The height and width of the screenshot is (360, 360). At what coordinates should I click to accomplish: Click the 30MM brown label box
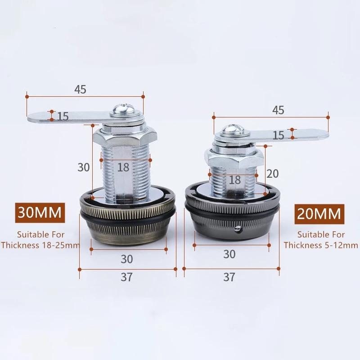click(x=40, y=212)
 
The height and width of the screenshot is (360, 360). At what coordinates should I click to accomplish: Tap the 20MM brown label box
click(x=319, y=214)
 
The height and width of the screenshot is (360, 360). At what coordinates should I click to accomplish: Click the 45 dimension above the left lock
click(x=80, y=89)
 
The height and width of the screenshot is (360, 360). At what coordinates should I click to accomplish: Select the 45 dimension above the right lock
click(x=278, y=110)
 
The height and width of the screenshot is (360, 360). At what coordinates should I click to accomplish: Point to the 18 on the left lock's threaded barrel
click(x=123, y=167)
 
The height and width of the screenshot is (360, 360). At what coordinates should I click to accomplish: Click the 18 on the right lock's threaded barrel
click(x=234, y=180)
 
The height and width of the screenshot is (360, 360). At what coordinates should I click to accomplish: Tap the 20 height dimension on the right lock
click(x=273, y=174)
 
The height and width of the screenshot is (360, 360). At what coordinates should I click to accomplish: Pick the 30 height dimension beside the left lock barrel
click(x=84, y=167)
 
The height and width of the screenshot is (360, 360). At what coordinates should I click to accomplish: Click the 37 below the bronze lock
click(x=126, y=277)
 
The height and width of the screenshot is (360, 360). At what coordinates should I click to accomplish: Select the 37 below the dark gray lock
click(x=229, y=277)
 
